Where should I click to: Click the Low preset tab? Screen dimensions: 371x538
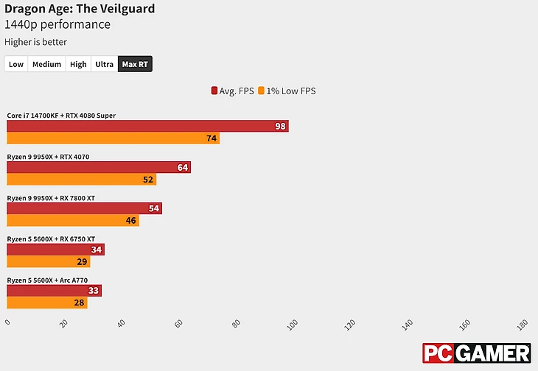[16, 64]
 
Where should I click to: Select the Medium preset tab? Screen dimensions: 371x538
[46, 64]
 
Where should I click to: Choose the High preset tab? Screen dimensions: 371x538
[78, 64]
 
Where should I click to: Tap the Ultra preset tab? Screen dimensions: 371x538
[105, 64]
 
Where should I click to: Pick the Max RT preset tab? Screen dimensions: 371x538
[135, 64]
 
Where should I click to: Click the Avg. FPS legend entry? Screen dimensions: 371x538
[232, 91]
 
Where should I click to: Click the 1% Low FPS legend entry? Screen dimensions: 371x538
[288, 91]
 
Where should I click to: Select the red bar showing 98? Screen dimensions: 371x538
[147, 126]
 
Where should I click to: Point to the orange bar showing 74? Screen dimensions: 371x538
[113, 138]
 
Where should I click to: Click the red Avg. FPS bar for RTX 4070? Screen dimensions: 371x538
[98, 167]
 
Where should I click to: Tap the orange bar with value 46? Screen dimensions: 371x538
[72, 220]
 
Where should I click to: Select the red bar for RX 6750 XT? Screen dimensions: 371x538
[55, 250]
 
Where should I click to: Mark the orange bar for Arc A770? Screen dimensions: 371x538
[46, 303]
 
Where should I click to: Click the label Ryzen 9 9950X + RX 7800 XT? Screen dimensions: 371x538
[51, 198]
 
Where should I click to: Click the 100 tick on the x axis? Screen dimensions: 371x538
[293, 324]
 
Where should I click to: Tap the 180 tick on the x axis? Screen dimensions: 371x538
[522, 324]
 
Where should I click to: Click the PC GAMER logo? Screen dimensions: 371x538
[476, 353]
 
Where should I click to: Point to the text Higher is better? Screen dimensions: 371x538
[35, 42]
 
